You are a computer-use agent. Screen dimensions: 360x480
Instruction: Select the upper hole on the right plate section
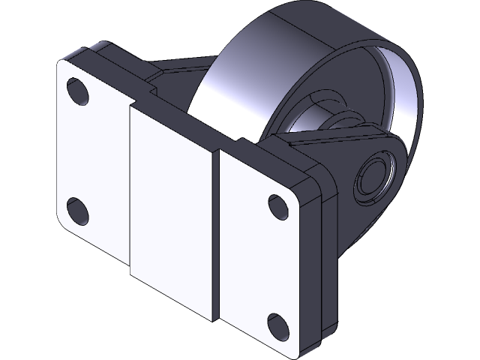tap(277, 205)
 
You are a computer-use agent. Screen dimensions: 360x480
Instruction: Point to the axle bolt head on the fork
tap(375, 175)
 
